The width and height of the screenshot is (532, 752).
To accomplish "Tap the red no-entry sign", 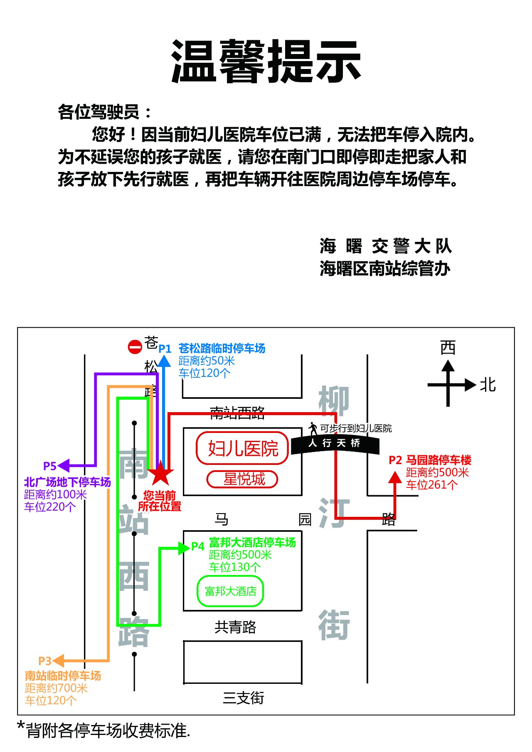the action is (135, 347).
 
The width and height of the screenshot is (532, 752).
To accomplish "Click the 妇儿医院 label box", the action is (242, 448).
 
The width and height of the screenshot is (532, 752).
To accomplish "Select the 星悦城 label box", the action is (242, 479).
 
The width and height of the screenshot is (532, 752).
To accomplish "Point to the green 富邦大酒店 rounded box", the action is (230, 591).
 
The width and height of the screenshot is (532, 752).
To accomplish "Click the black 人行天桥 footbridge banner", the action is (335, 444).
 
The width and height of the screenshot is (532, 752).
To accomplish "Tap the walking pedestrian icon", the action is (313, 428).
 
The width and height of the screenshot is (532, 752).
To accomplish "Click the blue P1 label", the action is (165, 349).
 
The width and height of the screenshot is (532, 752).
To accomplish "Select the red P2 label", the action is (395, 460).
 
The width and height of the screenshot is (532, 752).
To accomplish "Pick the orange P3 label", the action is (44, 661).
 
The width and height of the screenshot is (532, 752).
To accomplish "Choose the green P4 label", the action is (198, 546).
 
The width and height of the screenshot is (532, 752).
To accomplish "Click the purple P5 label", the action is (50, 466).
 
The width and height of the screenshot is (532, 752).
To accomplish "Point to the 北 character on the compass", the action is (488, 385).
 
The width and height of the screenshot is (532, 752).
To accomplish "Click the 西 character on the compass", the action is (448, 347).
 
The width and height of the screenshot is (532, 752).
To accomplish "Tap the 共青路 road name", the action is (235, 627).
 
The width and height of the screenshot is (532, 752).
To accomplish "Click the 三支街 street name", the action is (244, 698).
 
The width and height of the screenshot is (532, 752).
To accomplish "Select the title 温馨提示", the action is (266, 61).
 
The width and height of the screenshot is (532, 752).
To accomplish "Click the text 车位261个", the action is (432, 485).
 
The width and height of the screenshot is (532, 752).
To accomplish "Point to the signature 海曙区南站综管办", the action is (385, 268).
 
